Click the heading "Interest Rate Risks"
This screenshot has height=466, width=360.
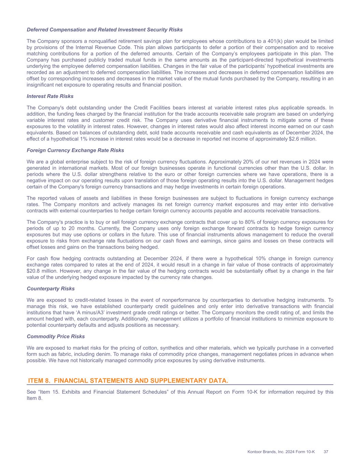tap(50, 96)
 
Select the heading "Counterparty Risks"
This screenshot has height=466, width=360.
tap(51, 288)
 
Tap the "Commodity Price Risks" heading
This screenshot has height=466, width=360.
tap(56, 336)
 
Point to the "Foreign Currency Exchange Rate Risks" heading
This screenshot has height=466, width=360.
tap(75, 150)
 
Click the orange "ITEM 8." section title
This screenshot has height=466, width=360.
tap(128, 381)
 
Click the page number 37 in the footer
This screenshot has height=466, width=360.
tap(326, 452)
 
